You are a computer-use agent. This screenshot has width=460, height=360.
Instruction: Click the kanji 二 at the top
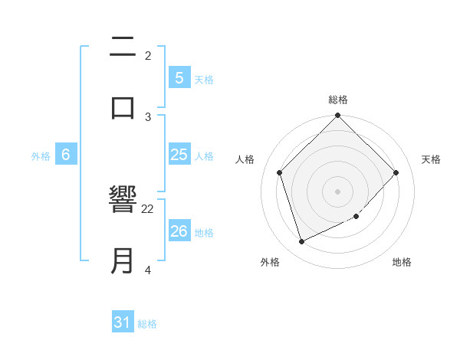tap(123, 47)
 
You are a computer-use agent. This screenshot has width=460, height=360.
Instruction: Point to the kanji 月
tap(123, 260)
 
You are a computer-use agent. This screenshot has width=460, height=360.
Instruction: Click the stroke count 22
tap(148, 208)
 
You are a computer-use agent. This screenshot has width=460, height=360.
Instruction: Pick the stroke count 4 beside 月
tap(148, 270)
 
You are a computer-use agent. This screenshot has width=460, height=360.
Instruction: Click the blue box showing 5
tap(179, 77)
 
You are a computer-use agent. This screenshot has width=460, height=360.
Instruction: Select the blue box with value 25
tap(179, 155)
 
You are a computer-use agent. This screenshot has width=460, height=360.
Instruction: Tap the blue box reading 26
tap(179, 231)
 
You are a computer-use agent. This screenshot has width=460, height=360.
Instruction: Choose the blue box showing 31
tap(123, 322)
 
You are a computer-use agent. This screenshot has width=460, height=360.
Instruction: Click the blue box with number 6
tap(66, 155)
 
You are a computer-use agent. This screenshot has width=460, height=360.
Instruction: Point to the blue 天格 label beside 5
tap(204, 79)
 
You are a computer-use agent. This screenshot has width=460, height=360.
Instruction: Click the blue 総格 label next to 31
tap(147, 324)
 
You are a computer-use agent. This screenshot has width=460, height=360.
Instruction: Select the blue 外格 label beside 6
tap(41, 156)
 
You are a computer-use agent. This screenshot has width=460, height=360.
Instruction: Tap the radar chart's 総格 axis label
tap(338, 100)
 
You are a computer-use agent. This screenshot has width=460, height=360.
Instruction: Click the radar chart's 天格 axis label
tap(432, 159)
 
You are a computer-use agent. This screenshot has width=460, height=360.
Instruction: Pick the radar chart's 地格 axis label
tap(402, 262)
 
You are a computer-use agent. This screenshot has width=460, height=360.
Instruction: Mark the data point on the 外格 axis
tap(301, 242)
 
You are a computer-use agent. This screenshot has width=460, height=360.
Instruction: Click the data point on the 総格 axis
tap(338, 116)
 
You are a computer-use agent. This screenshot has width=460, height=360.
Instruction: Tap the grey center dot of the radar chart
tap(338, 191)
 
